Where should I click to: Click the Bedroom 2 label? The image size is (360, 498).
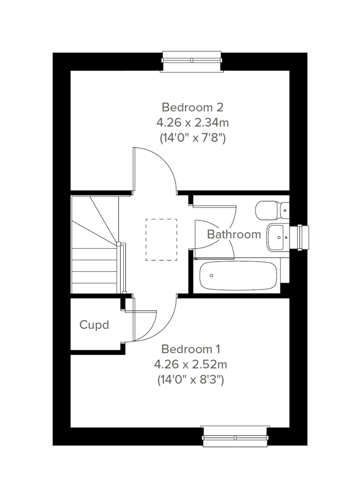click(x=192, y=107)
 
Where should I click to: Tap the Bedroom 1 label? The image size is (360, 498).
click(x=191, y=349)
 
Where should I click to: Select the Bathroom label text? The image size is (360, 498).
click(x=234, y=234)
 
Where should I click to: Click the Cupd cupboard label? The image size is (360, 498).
click(x=94, y=325)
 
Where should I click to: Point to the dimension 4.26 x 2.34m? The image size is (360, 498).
click(x=192, y=123)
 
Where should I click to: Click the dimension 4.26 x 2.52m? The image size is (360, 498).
click(x=190, y=365)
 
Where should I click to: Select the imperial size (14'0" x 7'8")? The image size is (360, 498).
click(x=192, y=138)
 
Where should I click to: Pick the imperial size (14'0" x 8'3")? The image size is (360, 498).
click(x=190, y=380)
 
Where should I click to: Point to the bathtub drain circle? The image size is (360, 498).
click(x=211, y=276)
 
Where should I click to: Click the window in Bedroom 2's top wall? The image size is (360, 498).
click(x=192, y=61)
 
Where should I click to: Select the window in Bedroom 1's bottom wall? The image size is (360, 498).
click(x=235, y=437)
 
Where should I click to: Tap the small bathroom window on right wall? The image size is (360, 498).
click(x=302, y=237)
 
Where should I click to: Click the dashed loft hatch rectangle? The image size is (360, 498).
click(x=161, y=240)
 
